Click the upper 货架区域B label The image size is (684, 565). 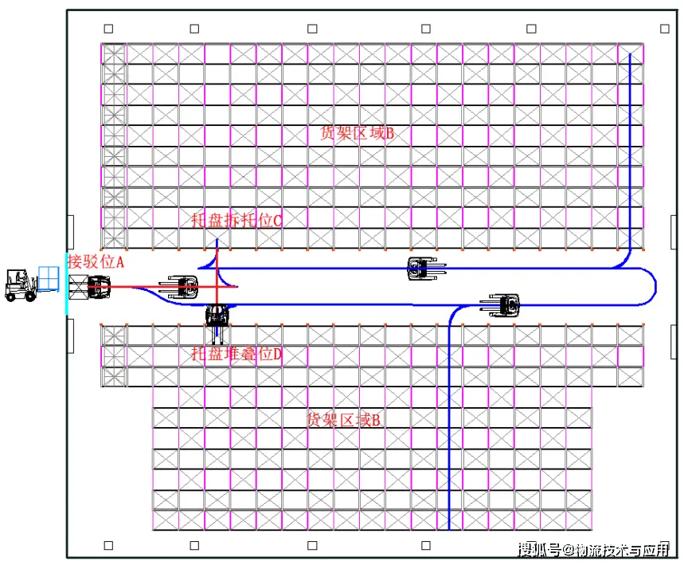356,133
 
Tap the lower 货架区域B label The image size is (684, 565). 344,419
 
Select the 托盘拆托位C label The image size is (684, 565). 236,221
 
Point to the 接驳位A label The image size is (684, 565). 96,261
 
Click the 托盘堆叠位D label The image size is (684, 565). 236,354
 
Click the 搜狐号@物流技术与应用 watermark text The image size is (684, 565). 592,549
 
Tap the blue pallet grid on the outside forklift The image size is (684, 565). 49,278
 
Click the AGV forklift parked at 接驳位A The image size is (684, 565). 98,287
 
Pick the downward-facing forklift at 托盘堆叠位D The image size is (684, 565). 217,316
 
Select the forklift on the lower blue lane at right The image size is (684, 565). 502,304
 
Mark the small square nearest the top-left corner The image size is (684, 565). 108,29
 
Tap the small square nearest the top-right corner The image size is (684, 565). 664,29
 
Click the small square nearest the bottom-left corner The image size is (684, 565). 108,546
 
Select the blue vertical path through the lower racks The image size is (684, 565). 449,422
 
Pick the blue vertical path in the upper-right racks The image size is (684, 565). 630,151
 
